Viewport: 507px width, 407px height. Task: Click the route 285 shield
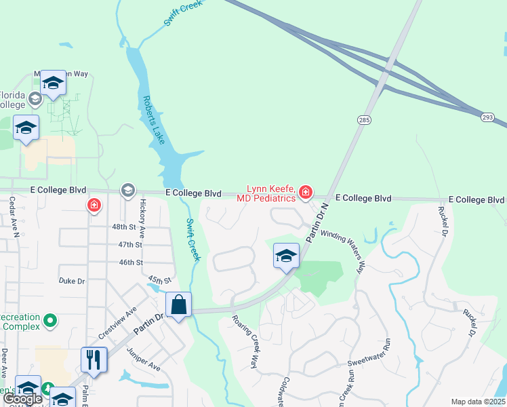363,119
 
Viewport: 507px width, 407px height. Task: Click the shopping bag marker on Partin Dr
178,305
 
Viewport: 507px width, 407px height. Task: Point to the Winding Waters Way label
344,252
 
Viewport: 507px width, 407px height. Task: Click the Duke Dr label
71,279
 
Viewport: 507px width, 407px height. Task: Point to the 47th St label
129,244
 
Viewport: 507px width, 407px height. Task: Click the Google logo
23,399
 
